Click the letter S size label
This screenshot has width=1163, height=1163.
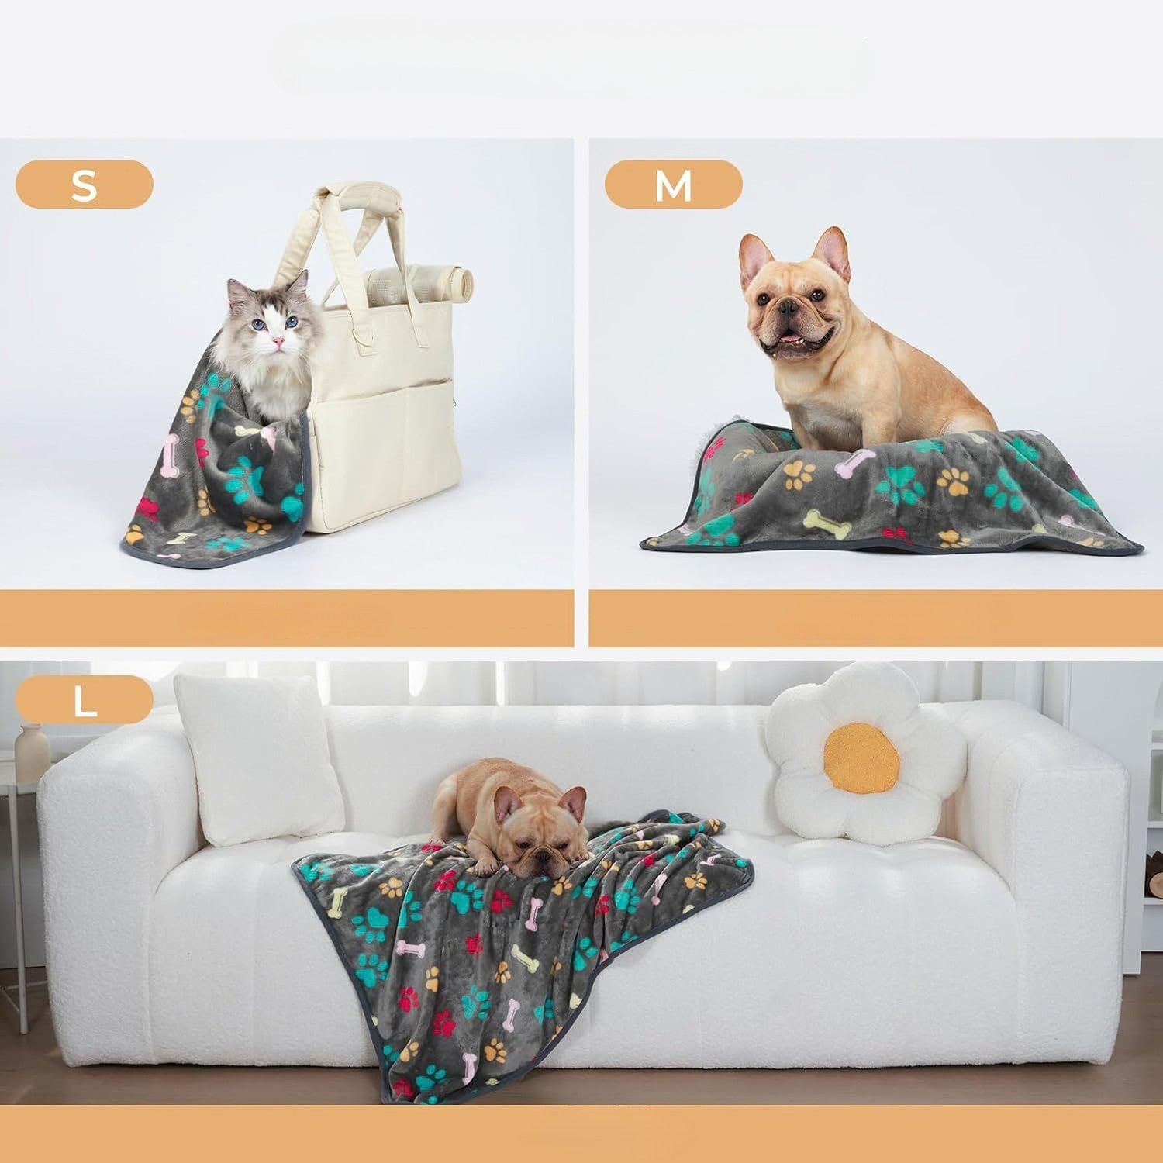[x=84, y=185]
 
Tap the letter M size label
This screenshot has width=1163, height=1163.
[x=673, y=185]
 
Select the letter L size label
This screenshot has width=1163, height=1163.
[x=84, y=699]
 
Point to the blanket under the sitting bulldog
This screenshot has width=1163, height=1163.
[x=892, y=496]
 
